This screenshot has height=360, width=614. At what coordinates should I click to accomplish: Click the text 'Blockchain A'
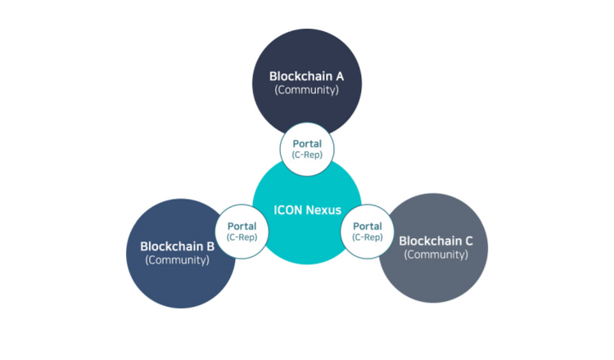click(307, 76)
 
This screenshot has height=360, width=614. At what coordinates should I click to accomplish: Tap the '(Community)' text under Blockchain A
click(307, 90)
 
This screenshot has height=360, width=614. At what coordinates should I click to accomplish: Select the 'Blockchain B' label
click(178, 245)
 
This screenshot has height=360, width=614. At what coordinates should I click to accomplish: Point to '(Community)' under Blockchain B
click(178, 259)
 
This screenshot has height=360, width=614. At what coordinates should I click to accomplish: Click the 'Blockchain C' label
click(436, 241)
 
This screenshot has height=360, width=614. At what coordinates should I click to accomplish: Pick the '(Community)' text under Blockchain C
click(436, 254)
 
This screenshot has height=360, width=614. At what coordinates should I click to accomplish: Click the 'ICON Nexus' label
click(307, 209)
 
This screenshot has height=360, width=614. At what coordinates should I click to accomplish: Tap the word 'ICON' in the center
click(288, 209)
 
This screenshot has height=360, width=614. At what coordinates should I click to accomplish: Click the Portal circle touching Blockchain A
click(307, 149)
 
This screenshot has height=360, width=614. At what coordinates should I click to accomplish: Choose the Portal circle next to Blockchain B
click(242, 232)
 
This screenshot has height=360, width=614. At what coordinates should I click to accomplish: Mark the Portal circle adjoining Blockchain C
click(368, 232)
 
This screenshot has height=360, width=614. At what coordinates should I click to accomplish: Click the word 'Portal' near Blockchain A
click(307, 144)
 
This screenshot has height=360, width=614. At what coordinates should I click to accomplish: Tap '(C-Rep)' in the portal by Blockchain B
click(242, 237)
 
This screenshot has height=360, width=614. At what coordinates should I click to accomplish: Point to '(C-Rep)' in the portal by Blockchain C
click(368, 237)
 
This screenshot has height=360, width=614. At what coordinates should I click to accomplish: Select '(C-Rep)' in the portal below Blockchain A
click(307, 155)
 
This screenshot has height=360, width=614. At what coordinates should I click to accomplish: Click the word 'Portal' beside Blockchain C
click(368, 227)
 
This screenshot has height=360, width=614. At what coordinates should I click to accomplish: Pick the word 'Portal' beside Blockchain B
click(242, 227)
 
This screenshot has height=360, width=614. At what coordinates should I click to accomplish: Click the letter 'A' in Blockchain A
click(339, 76)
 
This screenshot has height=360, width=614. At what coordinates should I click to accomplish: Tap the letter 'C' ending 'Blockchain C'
click(468, 241)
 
